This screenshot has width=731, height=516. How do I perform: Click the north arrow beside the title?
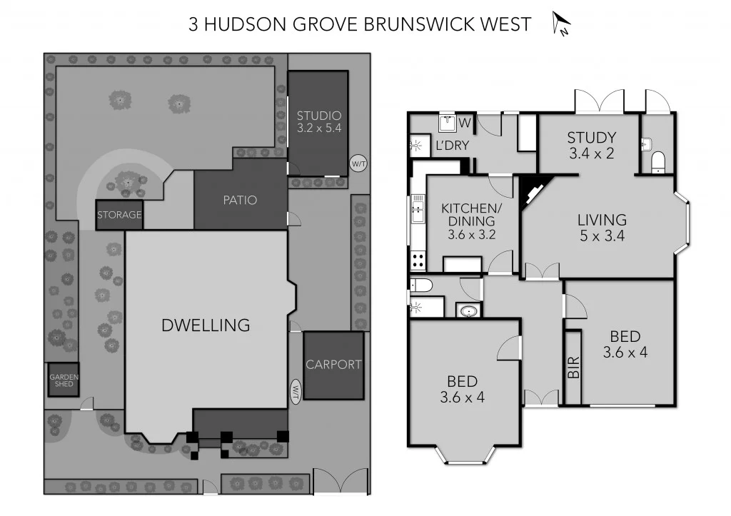(x=561, y=24)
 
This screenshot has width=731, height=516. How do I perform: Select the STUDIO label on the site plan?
(x=318, y=116)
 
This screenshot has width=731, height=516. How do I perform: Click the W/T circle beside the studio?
(x=358, y=164)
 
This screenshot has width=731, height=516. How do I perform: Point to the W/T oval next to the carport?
(x=296, y=390)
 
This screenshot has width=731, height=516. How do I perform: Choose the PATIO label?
(x=240, y=200)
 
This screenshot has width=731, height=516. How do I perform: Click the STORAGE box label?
(x=119, y=215)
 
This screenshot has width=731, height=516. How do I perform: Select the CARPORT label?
(x=333, y=365)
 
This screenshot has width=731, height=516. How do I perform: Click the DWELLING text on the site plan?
(x=206, y=325)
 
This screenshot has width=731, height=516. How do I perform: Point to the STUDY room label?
(x=591, y=138)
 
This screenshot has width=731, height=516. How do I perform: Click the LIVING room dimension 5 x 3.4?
(x=601, y=236)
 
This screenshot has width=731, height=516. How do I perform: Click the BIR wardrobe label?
(x=573, y=367)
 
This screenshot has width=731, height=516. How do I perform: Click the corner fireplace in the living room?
(x=532, y=191)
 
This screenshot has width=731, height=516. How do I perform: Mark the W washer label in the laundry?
(x=465, y=123)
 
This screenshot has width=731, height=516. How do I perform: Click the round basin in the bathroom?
(x=469, y=311)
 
